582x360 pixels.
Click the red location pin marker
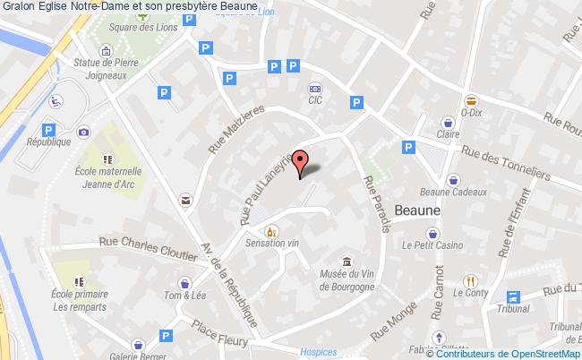pos(301,161)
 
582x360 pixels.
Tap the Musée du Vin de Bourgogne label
pos(346,280)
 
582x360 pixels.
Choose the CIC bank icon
pos(315,89)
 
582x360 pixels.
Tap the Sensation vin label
pos(271,243)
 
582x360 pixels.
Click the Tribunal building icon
pos(513,298)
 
